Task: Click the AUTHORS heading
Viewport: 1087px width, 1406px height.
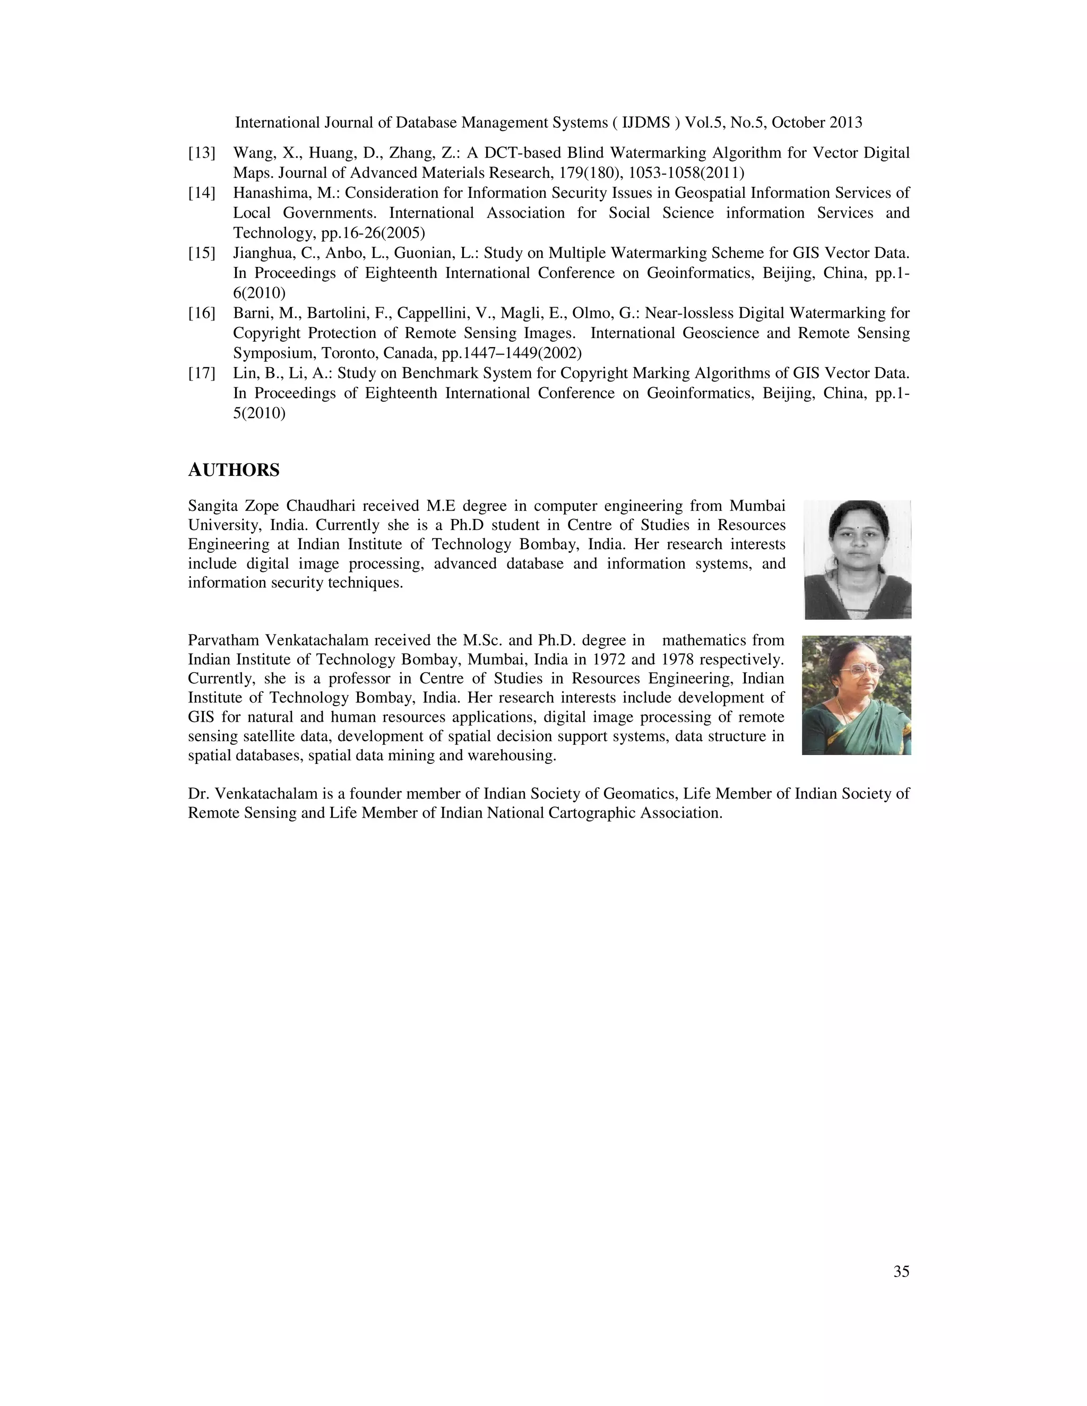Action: point(234,471)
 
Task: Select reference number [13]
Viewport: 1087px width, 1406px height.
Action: point(202,153)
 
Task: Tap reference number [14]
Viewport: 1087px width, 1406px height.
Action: point(202,193)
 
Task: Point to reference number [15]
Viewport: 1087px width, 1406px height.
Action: point(202,253)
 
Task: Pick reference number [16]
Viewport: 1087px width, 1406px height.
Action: point(202,314)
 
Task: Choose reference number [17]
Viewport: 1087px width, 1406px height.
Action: point(202,374)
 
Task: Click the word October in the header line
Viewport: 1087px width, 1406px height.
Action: point(797,123)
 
